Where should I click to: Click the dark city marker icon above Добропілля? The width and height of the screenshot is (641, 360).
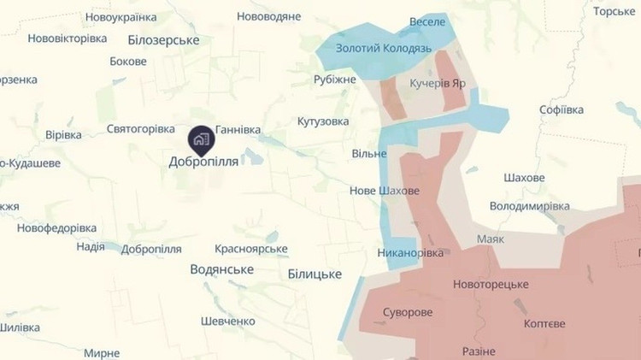201,139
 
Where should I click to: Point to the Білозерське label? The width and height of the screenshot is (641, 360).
162,40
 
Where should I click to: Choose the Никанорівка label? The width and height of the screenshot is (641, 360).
411,253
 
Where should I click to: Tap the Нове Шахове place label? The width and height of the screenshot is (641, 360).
385,191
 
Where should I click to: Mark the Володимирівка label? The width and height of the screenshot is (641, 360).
530,206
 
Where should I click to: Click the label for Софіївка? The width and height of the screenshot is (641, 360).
562,110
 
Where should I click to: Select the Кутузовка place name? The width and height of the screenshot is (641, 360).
323,121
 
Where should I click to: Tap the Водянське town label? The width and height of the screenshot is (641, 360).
221,269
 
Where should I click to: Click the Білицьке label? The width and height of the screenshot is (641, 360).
315,274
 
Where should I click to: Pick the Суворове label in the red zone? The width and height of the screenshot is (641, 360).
408,312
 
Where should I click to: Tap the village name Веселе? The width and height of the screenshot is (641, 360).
427,21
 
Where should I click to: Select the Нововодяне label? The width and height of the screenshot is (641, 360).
269,16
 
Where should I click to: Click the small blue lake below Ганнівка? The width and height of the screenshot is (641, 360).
254,156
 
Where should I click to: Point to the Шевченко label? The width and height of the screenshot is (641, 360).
227,321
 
